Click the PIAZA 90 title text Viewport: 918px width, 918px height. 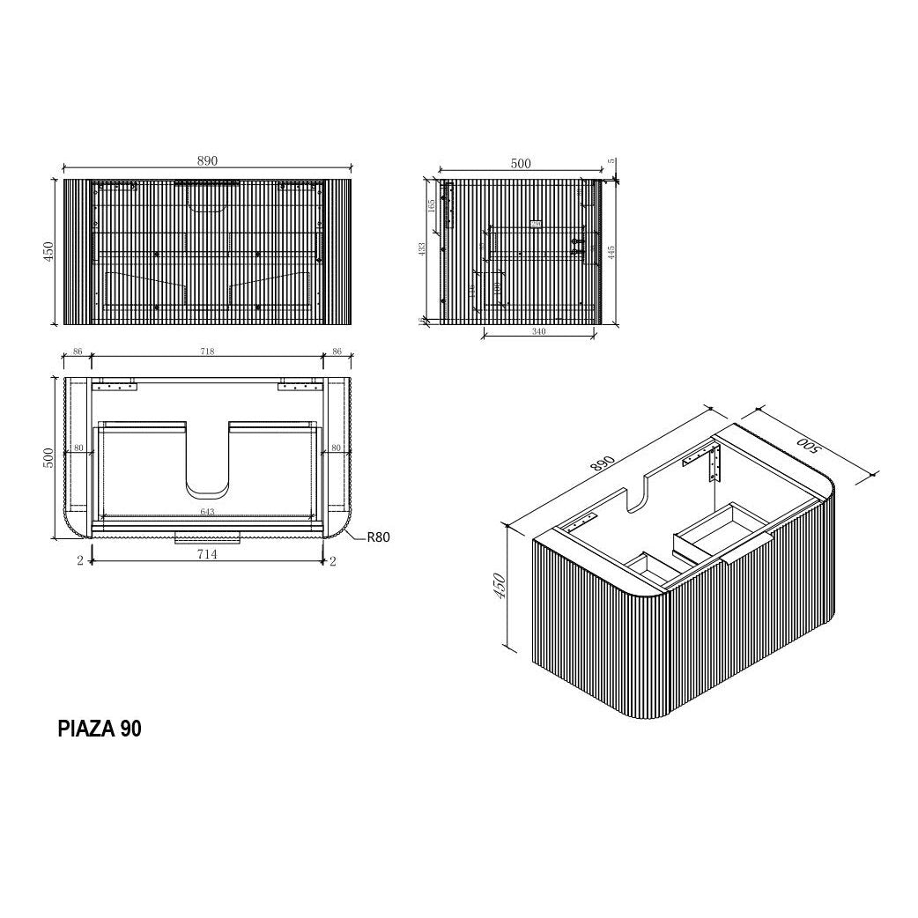point(99,729)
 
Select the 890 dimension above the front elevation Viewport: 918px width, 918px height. point(207,160)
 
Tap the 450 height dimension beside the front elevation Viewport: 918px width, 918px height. point(50,251)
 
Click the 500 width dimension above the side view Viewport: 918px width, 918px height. point(521,163)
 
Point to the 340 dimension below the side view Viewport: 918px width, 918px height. point(538,332)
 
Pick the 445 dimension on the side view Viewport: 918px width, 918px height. point(611,253)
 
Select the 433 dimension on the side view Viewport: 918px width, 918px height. point(422,250)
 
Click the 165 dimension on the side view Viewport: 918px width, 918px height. point(432,205)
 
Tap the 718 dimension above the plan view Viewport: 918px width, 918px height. point(207,352)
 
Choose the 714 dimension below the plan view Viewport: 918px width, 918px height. point(207,554)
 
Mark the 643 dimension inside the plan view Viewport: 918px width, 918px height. point(207,512)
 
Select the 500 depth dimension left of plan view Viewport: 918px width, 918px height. point(50,457)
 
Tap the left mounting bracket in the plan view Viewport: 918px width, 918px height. point(116,386)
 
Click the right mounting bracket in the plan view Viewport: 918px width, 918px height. point(298,386)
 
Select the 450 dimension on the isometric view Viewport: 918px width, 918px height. point(499,586)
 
